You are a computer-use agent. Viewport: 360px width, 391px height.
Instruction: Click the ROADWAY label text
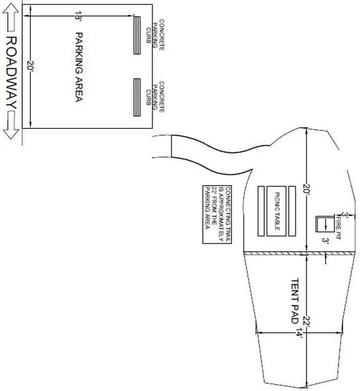coord(11,72)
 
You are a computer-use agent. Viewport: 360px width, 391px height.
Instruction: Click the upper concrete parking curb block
coord(137,35)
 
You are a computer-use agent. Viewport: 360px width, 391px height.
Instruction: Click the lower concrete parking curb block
coord(137,98)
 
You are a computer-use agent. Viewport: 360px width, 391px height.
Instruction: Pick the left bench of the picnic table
coord(261,211)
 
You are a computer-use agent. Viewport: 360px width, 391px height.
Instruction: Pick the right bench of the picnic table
coord(293,211)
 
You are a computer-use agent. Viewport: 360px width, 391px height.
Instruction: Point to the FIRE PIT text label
coord(338,227)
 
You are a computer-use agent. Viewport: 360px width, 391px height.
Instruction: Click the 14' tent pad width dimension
coord(299,332)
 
